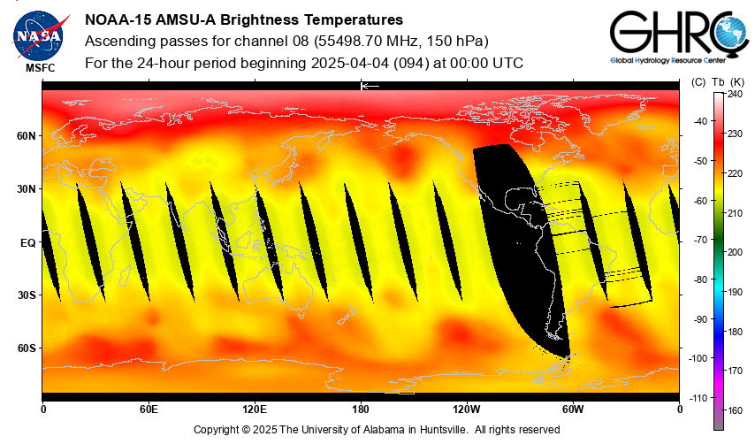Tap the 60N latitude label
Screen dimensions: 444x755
pyautogui.click(x=25, y=136)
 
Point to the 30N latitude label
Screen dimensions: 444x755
pyautogui.click(x=25, y=189)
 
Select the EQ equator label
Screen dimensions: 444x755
pyautogui.click(x=27, y=242)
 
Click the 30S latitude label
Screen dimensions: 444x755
pyautogui.click(x=25, y=295)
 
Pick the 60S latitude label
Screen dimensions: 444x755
pyautogui.click(x=25, y=348)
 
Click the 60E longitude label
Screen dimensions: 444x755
pyautogui.click(x=149, y=409)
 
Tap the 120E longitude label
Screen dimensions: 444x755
pyautogui.click(x=255, y=409)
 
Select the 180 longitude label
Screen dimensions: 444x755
pyautogui.click(x=361, y=409)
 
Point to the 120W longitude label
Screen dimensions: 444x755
pyautogui.click(x=467, y=409)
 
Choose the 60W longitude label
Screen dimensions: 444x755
pyautogui.click(x=573, y=409)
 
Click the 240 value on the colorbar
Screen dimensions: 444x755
pyautogui.click(x=736, y=93)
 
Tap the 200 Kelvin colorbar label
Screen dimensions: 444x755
pyautogui.click(x=736, y=252)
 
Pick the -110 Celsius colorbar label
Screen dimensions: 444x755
pyautogui.click(x=698, y=398)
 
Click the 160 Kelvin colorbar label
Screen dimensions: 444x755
pyautogui.click(x=736, y=411)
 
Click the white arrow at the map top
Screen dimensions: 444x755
pyautogui.click(x=370, y=86)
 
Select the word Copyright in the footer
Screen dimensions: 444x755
pyautogui.click(x=218, y=430)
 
